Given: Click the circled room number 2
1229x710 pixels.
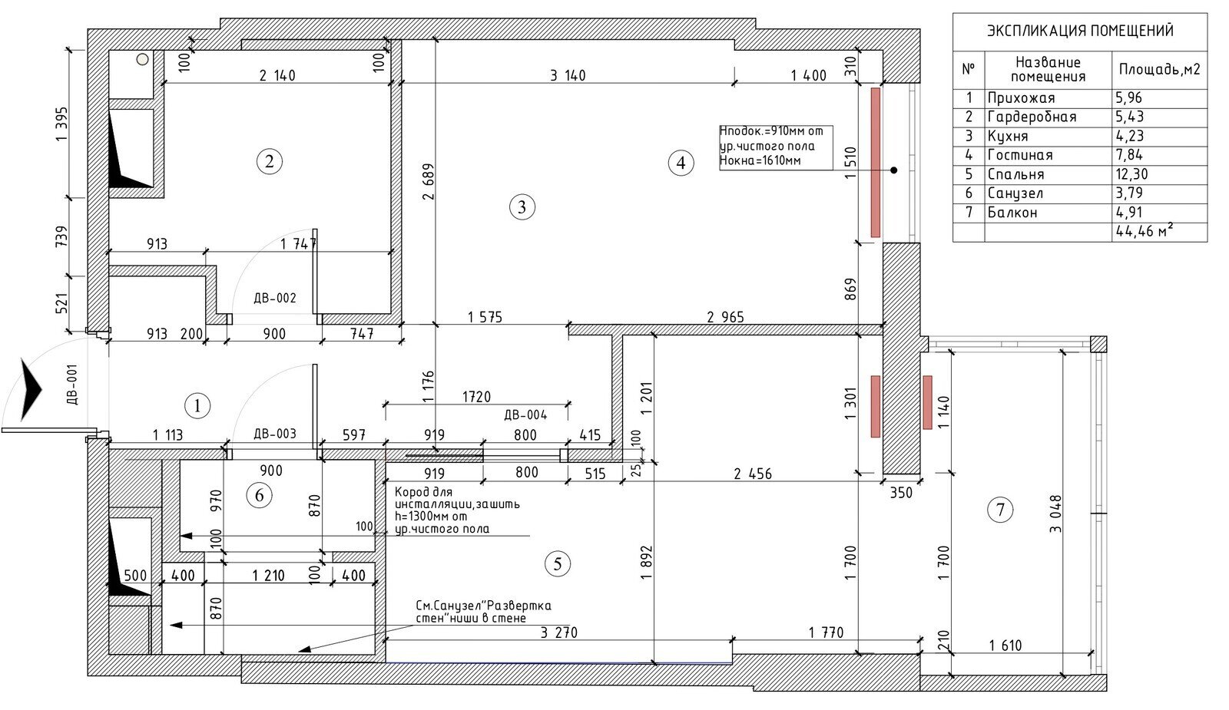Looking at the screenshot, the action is (269, 162).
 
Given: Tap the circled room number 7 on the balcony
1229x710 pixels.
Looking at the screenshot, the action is (999, 510).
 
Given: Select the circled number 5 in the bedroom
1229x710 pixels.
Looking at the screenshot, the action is (558, 563).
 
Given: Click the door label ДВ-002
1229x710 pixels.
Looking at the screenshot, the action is (275, 298).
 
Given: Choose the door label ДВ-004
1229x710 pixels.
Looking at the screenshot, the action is (525, 415).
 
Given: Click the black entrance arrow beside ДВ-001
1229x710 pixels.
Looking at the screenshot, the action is (31, 389).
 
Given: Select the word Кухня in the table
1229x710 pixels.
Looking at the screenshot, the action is (1008, 136).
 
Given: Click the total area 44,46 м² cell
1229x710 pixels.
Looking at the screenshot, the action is (1144, 231).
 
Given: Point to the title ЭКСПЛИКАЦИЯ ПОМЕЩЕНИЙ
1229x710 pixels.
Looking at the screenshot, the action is (1080, 31).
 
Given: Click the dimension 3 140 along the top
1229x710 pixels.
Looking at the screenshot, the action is (568, 75).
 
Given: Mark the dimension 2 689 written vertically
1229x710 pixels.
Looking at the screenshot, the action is (429, 181).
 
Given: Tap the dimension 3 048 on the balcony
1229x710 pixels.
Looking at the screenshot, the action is (1055, 514).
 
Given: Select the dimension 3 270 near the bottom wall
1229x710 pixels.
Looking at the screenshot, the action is (559, 632).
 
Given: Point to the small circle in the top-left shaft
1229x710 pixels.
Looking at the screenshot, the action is (143, 59).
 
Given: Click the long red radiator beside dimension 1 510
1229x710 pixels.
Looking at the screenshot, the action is (876, 162).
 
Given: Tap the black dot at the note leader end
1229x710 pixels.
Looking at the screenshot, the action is (894, 170).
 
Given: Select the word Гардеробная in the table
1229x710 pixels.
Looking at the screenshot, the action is (1032, 117).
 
